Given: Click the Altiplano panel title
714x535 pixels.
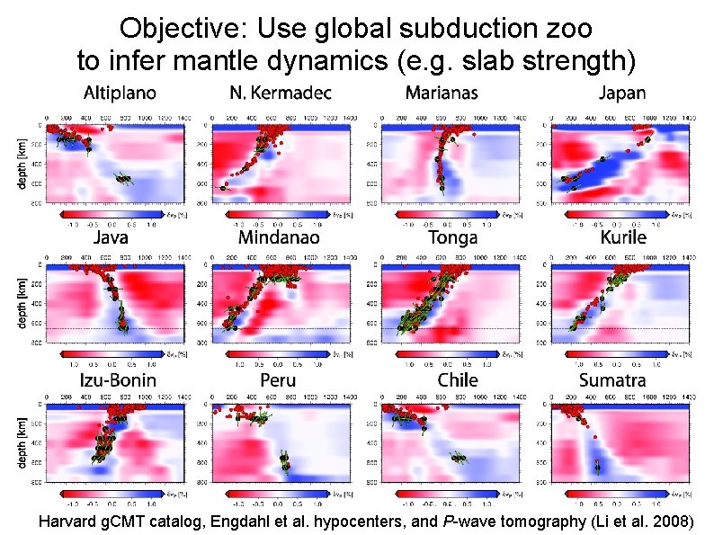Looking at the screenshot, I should pyautogui.click(x=120, y=94).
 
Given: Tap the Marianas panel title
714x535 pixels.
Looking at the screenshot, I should pyautogui.click(x=441, y=94).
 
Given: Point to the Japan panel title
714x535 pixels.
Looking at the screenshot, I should pyautogui.click(x=623, y=94).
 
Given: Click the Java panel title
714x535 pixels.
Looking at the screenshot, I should pyautogui.click(x=111, y=239).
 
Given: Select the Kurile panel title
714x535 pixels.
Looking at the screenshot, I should pyautogui.click(x=622, y=239).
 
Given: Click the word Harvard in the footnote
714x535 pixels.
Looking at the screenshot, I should pyautogui.click(x=68, y=521).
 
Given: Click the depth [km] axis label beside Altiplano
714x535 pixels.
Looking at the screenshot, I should pyautogui.click(x=23, y=165).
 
